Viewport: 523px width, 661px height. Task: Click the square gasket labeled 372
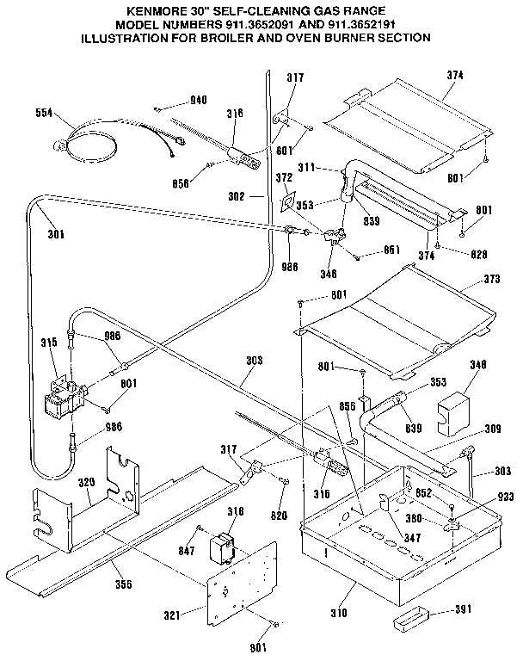(289, 201)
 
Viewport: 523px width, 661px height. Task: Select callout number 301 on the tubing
(56, 232)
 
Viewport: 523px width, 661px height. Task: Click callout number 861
(392, 250)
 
